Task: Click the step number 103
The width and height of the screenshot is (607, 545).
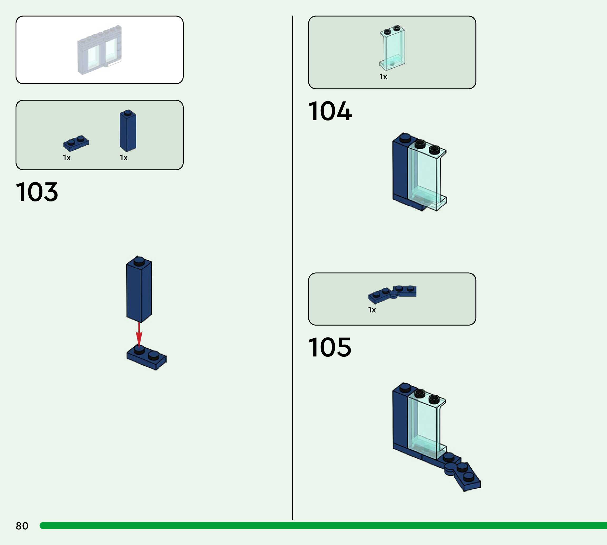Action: click(37, 192)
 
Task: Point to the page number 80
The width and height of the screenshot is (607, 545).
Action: click(22, 526)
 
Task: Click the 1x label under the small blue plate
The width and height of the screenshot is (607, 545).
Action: click(67, 158)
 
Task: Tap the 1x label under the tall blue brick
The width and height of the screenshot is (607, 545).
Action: click(124, 158)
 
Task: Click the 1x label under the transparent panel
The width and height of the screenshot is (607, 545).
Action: click(383, 77)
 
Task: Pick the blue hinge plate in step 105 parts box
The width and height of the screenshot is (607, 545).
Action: click(392, 293)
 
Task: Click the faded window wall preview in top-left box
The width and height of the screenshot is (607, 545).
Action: click(100, 50)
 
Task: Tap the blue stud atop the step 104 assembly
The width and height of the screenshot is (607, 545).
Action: click(405, 137)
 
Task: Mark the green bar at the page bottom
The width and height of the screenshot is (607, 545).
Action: click(323, 525)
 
